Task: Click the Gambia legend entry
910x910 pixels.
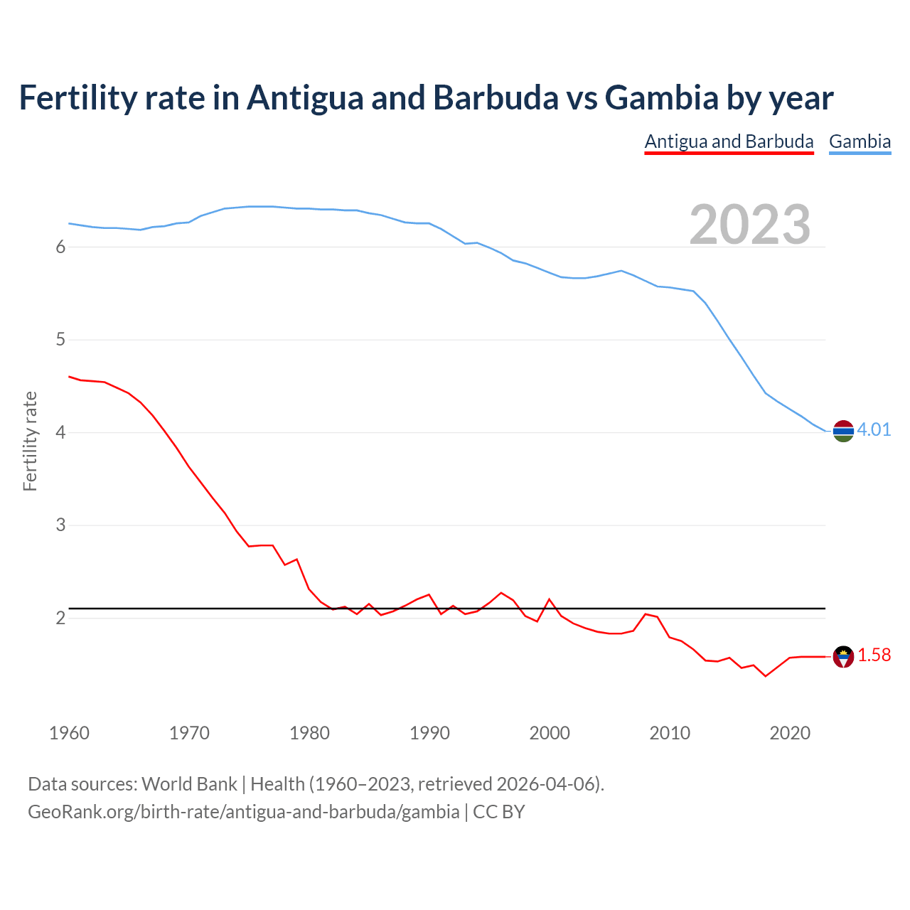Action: tap(860, 141)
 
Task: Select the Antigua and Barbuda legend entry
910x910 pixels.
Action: tap(729, 141)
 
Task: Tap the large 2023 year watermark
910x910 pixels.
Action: tap(749, 225)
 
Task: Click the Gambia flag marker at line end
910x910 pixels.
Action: tap(843, 431)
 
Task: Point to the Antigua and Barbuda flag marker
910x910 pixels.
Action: tap(843, 656)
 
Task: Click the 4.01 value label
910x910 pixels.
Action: tap(874, 429)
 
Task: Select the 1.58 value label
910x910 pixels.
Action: tap(874, 655)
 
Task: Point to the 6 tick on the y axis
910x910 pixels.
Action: tap(60, 247)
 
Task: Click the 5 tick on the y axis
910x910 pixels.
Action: tap(60, 340)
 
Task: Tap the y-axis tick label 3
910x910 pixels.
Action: tap(60, 525)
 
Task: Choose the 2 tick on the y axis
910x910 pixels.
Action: tap(60, 618)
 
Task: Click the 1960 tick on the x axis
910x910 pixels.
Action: tap(69, 733)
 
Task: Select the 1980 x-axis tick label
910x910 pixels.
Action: tap(309, 733)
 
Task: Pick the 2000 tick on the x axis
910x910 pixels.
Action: tap(550, 733)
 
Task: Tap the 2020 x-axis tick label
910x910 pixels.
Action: tap(790, 733)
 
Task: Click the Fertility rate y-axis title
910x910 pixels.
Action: tap(30, 441)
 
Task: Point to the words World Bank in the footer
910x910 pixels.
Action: tap(189, 784)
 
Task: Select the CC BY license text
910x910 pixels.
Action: tap(498, 812)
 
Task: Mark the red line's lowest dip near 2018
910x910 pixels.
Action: tap(766, 675)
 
